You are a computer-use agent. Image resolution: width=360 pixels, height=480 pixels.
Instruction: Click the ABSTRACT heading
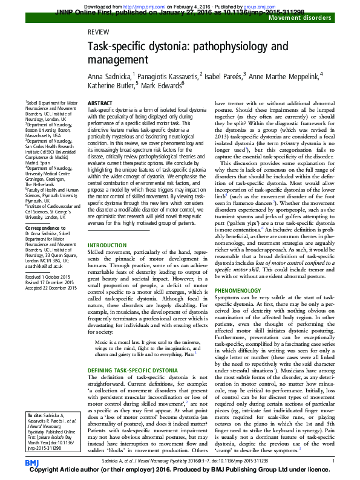click(x=100, y=105)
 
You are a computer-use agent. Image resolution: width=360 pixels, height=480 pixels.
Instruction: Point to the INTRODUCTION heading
click(x=108, y=245)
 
